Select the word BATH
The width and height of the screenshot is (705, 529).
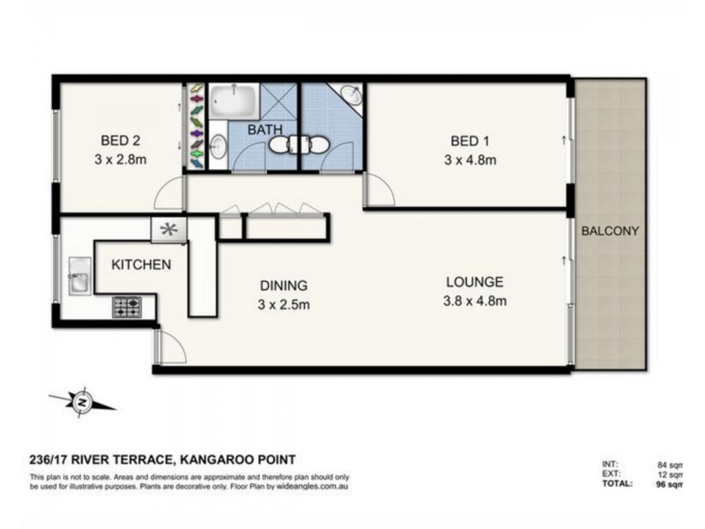[263, 130]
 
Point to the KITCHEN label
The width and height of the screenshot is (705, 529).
[140, 264]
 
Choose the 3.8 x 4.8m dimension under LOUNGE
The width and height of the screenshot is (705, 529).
[474, 302]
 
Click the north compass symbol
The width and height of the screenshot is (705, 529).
[81, 402]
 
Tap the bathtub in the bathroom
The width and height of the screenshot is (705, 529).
[234, 101]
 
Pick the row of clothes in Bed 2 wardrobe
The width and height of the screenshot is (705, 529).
[196, 126]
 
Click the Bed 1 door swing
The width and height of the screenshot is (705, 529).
[378, 190]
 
